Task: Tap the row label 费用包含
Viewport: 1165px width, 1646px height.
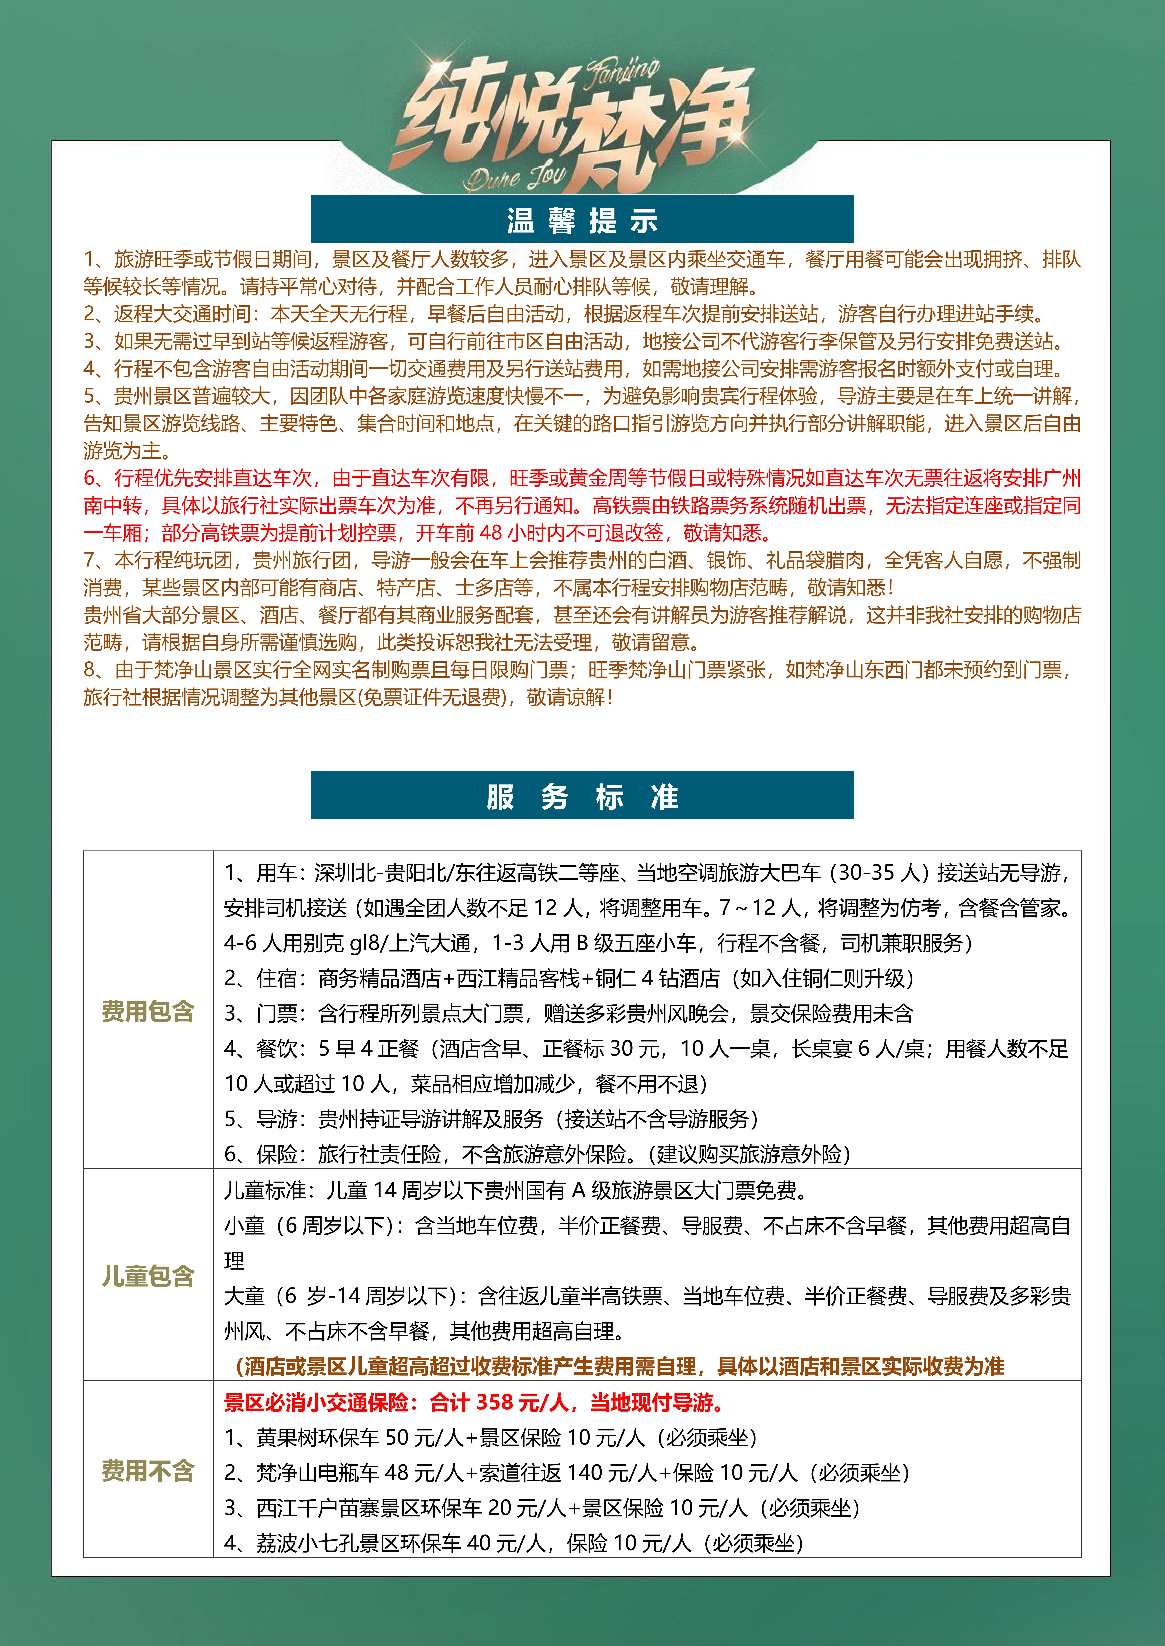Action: click(x=148, y=1012)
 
